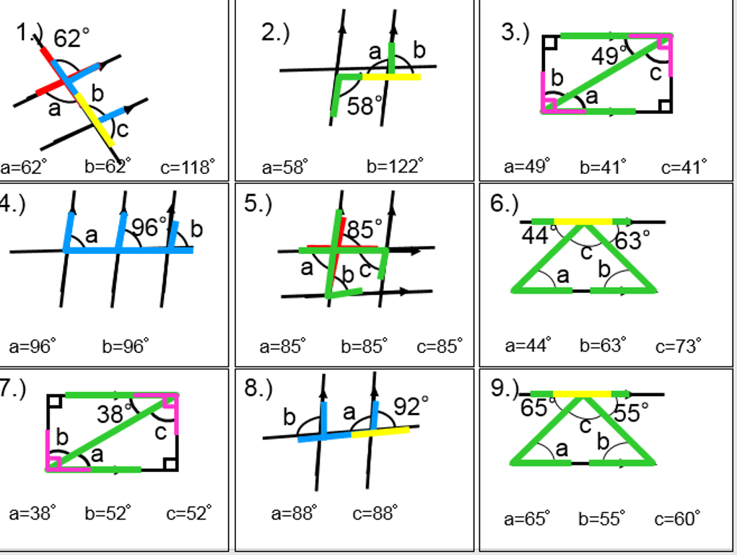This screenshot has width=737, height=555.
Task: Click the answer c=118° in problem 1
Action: tap(187, 168)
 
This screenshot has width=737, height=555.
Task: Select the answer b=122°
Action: tap(393, 167)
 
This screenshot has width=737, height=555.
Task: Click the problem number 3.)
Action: tap(515, 32)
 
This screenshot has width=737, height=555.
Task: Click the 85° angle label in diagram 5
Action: tap(365, 230)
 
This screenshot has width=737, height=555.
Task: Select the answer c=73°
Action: tap(678, 346)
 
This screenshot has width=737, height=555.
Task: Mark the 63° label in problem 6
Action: tap(633, 240)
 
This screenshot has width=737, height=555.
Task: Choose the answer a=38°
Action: tap(33, 513)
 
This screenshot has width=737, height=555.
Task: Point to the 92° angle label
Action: tap(411, 406)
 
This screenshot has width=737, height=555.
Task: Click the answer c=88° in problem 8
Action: tap(375, 513)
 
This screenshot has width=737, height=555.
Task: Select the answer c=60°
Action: tap(677, 519)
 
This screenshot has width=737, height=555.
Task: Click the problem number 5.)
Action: tap(258, 204)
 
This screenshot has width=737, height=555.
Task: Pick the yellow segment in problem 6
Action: tap(583, 222)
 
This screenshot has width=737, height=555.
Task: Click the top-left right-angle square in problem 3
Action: tap(550, 42)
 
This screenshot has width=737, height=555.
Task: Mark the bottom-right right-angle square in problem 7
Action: tap(170, 463)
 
